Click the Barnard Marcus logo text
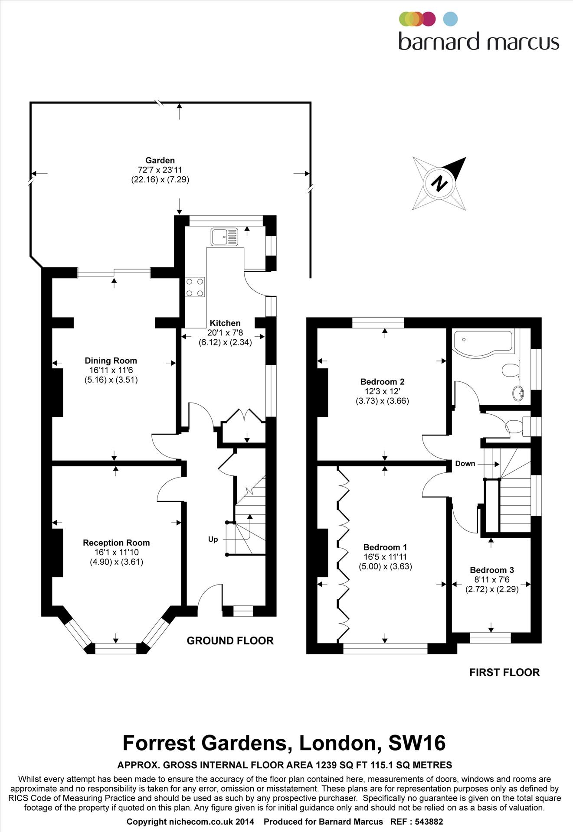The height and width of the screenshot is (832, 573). (x=478, y=42)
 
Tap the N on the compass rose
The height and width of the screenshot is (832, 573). (x=439, y=183)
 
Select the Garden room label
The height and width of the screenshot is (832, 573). (x=160, y=160)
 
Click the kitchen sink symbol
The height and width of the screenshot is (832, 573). (x=224, y=237)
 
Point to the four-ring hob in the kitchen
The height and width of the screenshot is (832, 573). (x=195, y=287)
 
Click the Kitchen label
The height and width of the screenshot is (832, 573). (x=225, y=323)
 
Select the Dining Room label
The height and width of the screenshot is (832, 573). (x=111, y=361)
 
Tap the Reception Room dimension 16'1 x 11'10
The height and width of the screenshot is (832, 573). (x=116, y=552)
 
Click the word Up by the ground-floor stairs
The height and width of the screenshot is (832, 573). (x=213, y=539)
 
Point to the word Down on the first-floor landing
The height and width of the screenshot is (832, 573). (x=465, y=464)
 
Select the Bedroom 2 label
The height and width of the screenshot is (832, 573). (x=382, y=382)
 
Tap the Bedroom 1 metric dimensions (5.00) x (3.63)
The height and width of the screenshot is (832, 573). (x=385, y=566)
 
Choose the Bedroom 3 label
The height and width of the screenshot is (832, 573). (x=492, y=570)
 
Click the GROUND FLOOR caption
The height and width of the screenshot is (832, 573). (x=230, y=641)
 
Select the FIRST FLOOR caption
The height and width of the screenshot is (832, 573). (x=504, y=673)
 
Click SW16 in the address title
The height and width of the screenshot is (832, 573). (x=417, y=743)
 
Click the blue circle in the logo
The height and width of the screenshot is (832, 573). (x=451, y=19)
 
